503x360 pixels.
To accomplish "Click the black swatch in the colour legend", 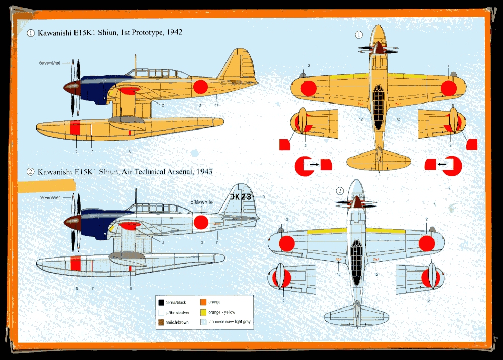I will tap(161, 302).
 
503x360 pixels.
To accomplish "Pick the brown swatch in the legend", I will tap(161, 322).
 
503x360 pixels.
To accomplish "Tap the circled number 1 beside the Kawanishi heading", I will tap(31, 33).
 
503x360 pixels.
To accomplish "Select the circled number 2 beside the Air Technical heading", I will tap(31, 172).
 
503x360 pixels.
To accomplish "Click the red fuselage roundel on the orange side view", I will tap(200, 87).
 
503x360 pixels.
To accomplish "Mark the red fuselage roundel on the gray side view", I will tap(201, 222).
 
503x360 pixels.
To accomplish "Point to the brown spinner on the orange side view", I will tap(70, 87).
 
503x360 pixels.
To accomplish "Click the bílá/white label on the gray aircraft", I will tap(201, 202).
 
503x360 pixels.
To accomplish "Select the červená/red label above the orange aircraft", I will tap(51, 63).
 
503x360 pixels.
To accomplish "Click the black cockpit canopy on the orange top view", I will tap(378, 107).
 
